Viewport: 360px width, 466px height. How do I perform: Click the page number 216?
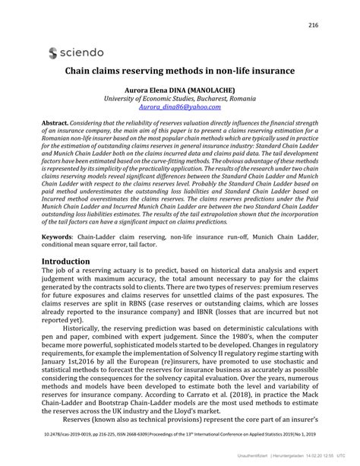coord(312,26)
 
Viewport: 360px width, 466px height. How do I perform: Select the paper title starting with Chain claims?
coord(179,75)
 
